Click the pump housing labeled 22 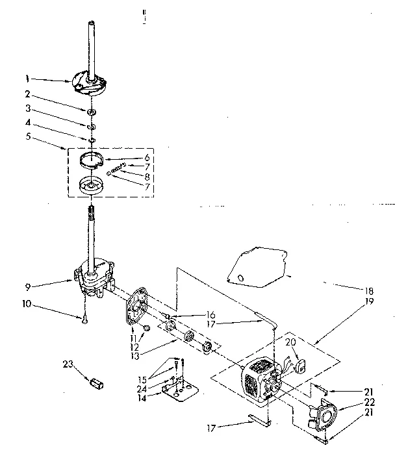coord(320,417)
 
